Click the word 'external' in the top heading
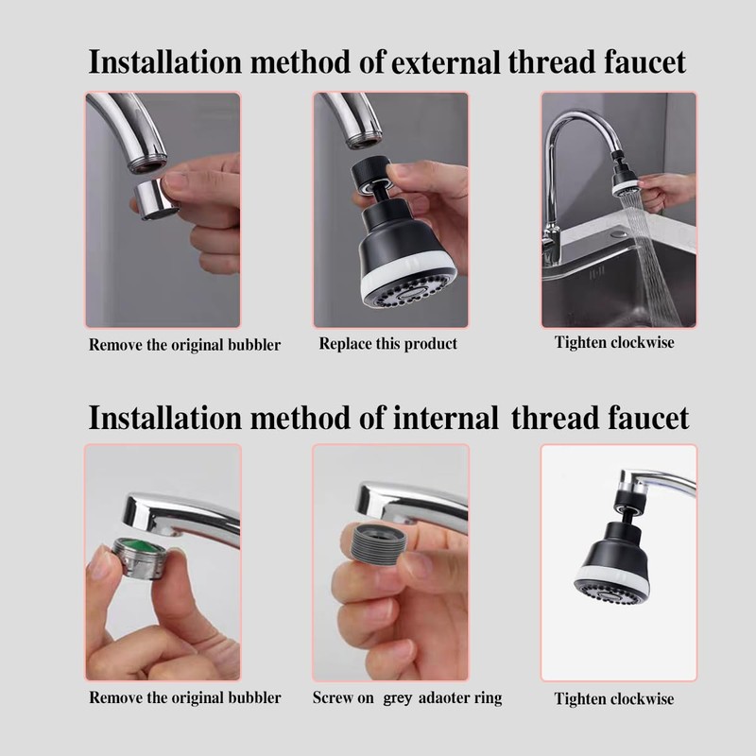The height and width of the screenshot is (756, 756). (x=445, y=62)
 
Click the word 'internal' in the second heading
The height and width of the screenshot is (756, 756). (x=445, y=417)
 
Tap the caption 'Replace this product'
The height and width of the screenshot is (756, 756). (x=387, y=344)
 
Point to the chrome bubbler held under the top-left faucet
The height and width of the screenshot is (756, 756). (x=154, y=200)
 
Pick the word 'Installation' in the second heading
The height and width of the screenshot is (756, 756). (x=164, y=417)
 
